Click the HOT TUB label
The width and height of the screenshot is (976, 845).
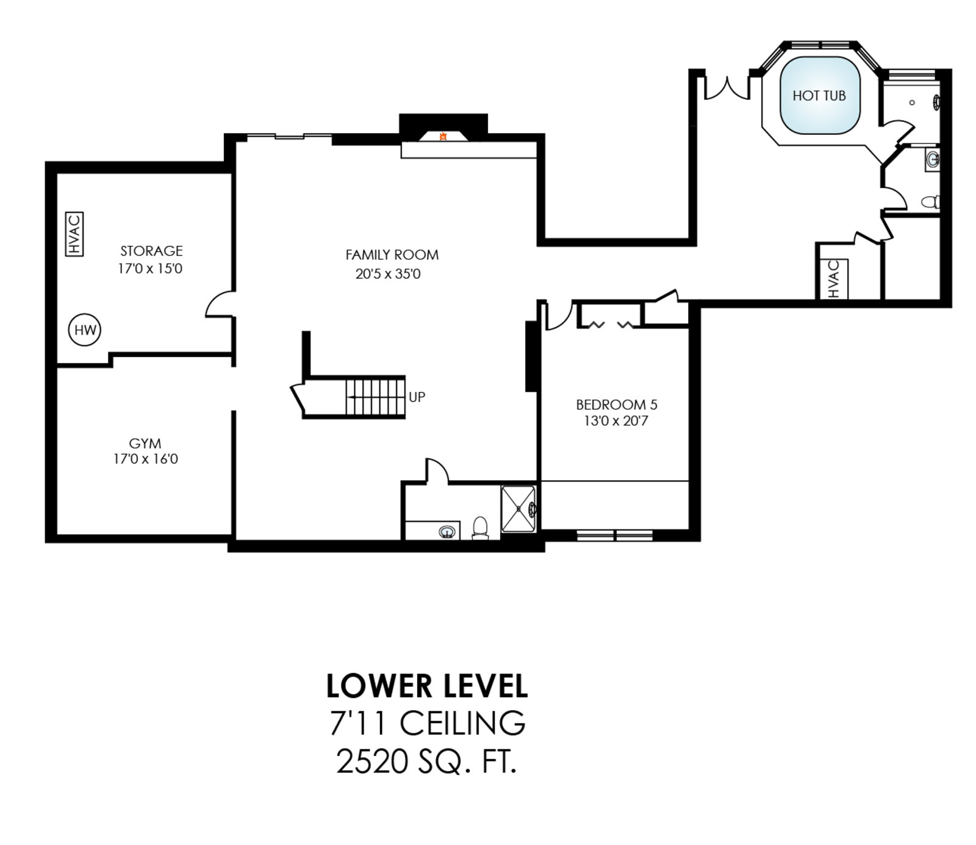tap(819, 96)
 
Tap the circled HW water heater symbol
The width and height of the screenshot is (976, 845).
tap(85, 330)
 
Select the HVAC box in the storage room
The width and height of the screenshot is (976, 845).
tap(74, 234)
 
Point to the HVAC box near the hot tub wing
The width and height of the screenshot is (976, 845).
tap(834, 279)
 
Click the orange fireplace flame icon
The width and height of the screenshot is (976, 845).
tap(443, 137)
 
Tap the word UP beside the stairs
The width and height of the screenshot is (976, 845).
tap(417, 397)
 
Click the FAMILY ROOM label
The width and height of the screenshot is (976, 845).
tap(392, 255)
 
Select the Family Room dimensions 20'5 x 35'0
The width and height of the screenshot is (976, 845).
tap(388, 274)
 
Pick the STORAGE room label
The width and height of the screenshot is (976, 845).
tap(151, 251)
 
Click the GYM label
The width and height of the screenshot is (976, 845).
tap(145, 444)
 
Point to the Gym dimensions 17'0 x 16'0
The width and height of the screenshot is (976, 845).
tap(146, 459)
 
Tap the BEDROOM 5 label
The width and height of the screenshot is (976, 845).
tap(617, 405)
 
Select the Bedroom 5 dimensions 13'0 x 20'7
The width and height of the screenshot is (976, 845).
tap(616, 421)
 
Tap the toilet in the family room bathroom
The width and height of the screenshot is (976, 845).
tap(481, 528)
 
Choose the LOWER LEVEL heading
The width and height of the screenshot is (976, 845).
tap(427, 686)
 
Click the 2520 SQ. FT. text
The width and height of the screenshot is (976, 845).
tap(426, 761)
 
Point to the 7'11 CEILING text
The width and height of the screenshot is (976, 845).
tap(427, 723)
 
